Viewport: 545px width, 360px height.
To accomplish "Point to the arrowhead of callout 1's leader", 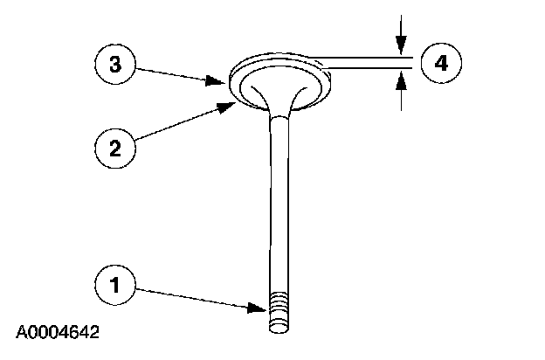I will click(262, 308).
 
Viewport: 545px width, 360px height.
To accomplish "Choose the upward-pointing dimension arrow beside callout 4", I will click(400, 83).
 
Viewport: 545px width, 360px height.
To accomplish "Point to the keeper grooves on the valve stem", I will click(279, 308).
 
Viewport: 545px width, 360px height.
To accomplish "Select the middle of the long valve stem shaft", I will click(279, 210).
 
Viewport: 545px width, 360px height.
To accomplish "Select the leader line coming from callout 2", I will click(179, 122).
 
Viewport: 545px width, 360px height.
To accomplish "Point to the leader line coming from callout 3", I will click(179, 73).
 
